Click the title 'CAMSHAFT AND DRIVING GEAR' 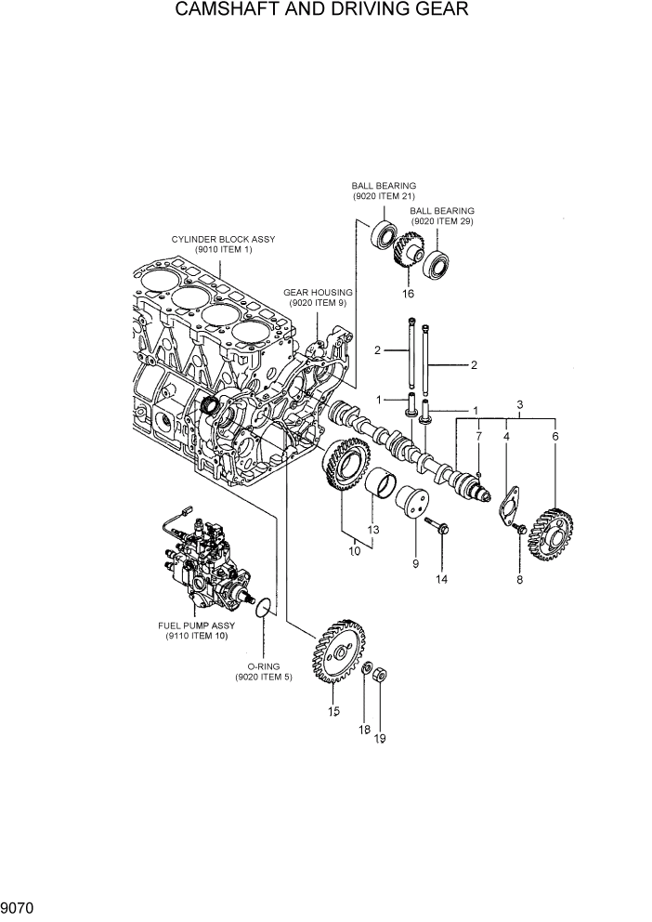tap(326, 11)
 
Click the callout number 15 tap(333, 712)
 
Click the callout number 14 tap(441, 579)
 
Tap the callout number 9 tap(415, 563)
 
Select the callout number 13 tap(374, 530)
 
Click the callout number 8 tap(519, 580)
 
